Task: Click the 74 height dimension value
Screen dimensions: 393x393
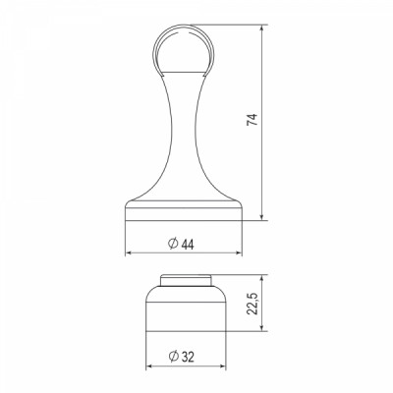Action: click(253, 120)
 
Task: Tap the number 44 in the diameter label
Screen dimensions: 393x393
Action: click(188, 245)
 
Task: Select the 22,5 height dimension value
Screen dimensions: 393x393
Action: click(253, 304)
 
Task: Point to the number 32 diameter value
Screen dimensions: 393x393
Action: click(188, 357)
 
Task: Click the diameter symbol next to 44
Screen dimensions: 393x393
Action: click(173, 244)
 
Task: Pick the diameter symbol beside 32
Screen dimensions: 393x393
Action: click(173, 356)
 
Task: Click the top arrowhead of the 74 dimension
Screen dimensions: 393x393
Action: click(261, 28)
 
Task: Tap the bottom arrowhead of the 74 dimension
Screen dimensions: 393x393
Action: click(261, 216)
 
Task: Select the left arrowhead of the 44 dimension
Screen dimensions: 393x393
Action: click(129, 253)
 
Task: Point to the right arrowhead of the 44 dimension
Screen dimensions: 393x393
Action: click(239, 253)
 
